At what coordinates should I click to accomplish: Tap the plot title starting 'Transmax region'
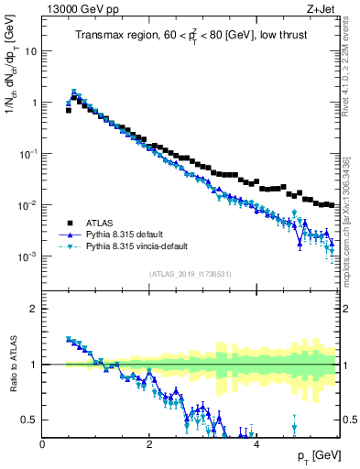click(x=190, y=36)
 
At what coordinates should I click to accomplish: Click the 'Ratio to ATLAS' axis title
click(x=12, y=365)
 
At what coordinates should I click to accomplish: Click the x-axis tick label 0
click(x=42, y=444)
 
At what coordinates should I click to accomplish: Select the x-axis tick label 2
click(x=148, y=444)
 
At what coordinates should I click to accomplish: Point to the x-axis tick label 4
click(x=256, y=444)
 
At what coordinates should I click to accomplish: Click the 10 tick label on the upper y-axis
click(x=29, y=51)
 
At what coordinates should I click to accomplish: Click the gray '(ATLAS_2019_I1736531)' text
click(x=190, y=274)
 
